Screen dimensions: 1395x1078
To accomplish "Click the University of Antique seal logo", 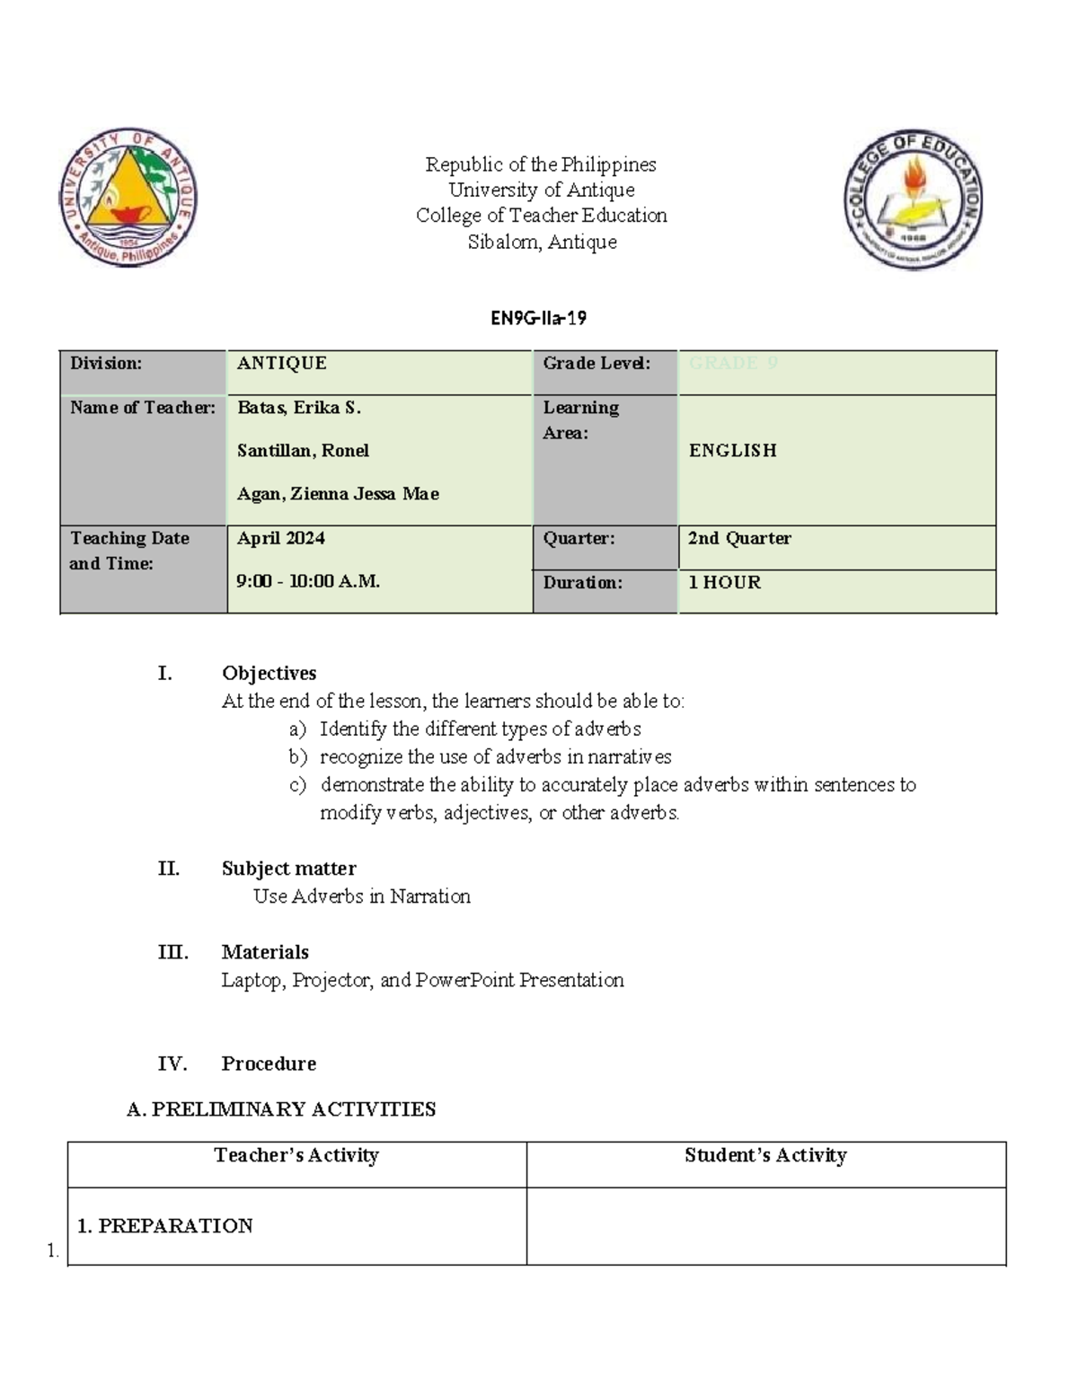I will pyautogui.click(x=129, y=197).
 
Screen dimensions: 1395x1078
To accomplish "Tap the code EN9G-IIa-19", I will pyautogui.click(x=539, y=317).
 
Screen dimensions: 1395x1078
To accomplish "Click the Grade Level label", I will pyautogui.click(x=596, y=363).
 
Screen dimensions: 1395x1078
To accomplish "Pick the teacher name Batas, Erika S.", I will pyautogui.click(x=299, y=408).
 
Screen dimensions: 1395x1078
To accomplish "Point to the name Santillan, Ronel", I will pyautogui.click(x=303, y=450).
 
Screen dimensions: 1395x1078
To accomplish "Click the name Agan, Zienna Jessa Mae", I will pyautogui.click(x=338, y=493).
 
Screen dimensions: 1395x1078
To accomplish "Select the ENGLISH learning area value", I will pyautogui.click(x=732, y=450).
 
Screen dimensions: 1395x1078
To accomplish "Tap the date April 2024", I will pyautogui.click(x=281, y=538).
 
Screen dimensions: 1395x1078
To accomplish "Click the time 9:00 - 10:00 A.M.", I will pyautogui.click(x=308, y=581).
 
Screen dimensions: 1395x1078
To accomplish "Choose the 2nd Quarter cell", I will pyautogui.click(x=739, y=538).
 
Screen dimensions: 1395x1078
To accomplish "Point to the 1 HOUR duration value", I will pyautogui.click(x=724, y=582).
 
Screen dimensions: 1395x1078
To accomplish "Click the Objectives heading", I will pyautogui.click(x=269, y=673).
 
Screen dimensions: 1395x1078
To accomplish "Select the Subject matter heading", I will pyautogui.click(x=288, y=868).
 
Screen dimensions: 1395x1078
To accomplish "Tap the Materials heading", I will pyautogui.click(x=265, y=951).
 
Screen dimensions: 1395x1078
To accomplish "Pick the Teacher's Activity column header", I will pyautogui.click(x=296, y=1155).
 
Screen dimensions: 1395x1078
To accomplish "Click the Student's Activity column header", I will pyautogui.click(x=765, y=1155).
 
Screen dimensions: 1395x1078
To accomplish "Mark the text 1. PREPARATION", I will pyautogui.click(x=165, y=1225).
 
